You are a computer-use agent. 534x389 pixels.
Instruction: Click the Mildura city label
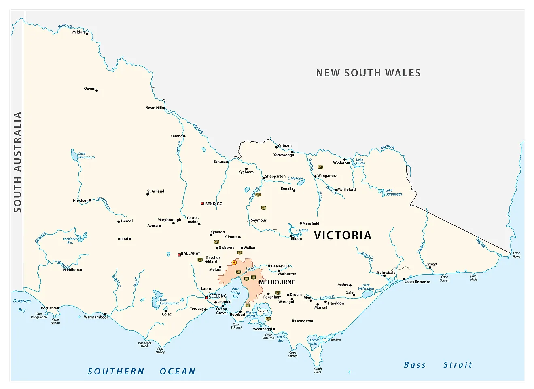[x=79, y=32]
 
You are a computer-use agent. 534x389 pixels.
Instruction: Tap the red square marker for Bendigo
[x=202, y=204]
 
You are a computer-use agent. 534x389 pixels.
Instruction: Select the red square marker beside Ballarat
[x=179, y=254]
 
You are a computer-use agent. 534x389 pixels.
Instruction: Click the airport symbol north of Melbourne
[x=234, y=263]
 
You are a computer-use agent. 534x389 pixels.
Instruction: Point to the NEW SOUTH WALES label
[x=368, y=73]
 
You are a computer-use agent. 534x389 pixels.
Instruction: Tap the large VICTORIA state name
[x=342, y=236]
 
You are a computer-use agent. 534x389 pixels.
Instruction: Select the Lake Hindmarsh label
[x=86, y=156]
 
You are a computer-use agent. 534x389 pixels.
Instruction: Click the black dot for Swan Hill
[x=163, y=108]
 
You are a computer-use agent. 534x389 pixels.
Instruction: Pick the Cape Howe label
[x=517, y=255]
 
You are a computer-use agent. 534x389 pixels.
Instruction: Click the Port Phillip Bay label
[x=235, y=293]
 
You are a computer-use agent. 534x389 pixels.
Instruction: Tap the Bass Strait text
[x=438, y=365]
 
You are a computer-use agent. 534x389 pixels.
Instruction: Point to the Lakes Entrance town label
[x=417, y=282]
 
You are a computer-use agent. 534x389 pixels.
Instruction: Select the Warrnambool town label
[x=95, y=317]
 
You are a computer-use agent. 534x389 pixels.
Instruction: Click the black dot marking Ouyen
[x=97, y=90]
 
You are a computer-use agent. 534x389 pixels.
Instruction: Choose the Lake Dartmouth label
[x=393, y=192]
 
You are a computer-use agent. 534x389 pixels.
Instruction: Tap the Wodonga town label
[x=341, y=162]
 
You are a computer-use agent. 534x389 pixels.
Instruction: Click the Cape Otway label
[x=160, y=351]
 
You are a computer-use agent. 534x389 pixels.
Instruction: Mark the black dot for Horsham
[x=90, y=200]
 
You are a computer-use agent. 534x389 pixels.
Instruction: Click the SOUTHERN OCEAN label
[x=142, y=371]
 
